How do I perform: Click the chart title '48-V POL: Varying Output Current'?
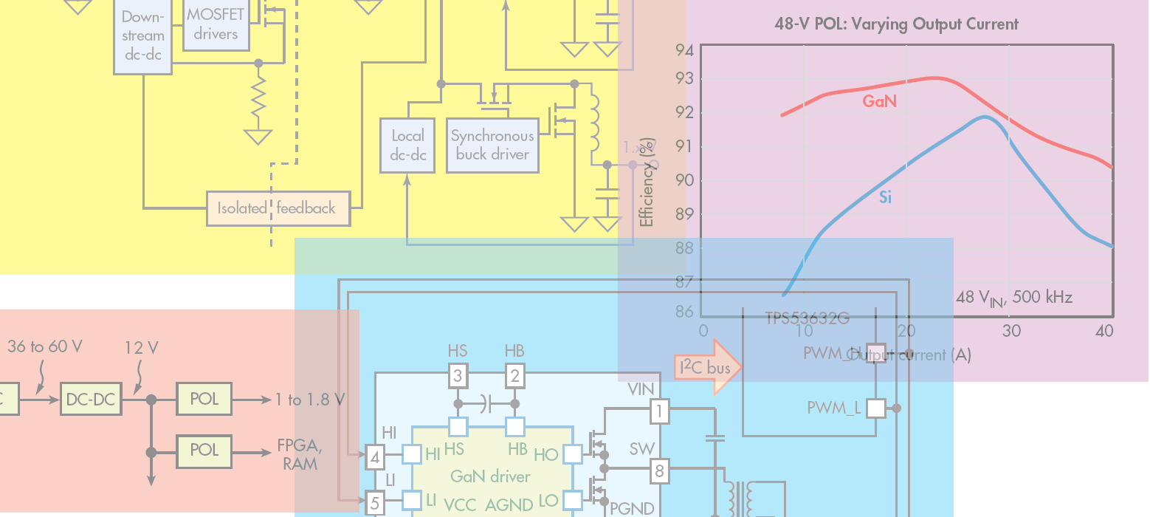point(896,24)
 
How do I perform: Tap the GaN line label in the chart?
point(880,101)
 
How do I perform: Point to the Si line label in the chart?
point(886,197)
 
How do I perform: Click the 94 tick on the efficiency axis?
point(684,50)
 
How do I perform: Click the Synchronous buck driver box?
point(492,145)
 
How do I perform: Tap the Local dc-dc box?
point(408,145)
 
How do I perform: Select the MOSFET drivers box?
point(216,24)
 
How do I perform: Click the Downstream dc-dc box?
point(142,35)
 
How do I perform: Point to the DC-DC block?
point(91,400)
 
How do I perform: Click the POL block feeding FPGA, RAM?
point(204,450)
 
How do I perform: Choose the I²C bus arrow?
point(707,367)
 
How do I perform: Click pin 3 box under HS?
point(458,376)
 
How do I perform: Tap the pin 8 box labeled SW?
point(659,469)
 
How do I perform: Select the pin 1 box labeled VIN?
point(659,411)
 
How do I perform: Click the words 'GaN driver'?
point(490,476)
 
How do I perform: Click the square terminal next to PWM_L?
point(875,408)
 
